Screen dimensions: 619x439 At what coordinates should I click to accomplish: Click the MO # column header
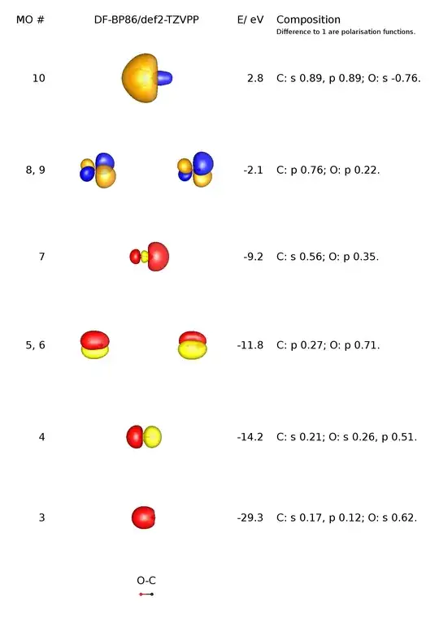tap(30, 19)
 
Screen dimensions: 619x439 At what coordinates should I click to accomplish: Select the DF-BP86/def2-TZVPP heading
tap(146, 19)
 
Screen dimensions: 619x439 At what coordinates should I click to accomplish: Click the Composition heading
tap(308, 19)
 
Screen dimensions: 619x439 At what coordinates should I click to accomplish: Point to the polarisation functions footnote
tap(346, 32)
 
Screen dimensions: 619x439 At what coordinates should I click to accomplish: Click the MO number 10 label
tap(38, 79)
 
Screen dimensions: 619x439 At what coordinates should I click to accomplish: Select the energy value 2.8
tap(255, 79)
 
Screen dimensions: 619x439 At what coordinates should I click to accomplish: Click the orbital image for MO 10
tap(145, 78)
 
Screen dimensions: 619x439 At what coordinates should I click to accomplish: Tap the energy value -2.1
tap(251, 170)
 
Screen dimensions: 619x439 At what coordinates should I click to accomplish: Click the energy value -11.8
tap(250, 345)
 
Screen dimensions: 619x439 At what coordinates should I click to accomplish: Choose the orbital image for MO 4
tap(144, 437)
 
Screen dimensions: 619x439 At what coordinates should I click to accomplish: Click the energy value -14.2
tap(250, 437)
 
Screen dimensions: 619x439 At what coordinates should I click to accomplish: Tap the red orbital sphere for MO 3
tap(144, 517)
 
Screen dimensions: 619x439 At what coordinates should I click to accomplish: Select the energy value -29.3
tap(250, 517)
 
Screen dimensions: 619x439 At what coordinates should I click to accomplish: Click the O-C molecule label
tap(146, 581)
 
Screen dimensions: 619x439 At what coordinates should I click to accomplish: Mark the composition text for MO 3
tap(346, 517)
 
